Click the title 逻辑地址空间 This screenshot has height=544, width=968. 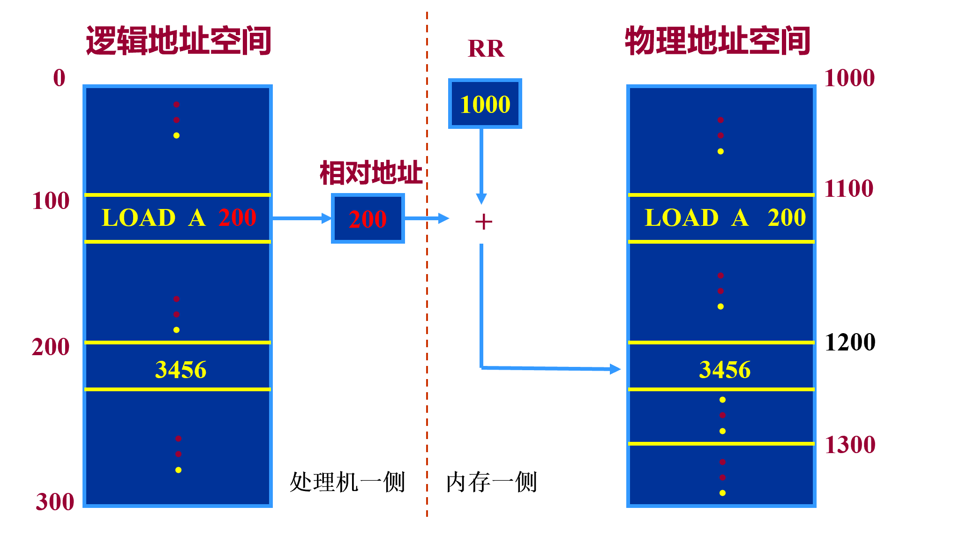[179, 41]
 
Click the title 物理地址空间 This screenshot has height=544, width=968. [717, 41]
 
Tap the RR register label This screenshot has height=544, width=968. [486, 49]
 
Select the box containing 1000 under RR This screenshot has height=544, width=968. [485, 104]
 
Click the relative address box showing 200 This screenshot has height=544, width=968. [368, 218]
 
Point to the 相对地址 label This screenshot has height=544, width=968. [371, 172]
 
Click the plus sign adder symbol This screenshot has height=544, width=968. [483, 222]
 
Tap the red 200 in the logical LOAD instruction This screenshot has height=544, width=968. [237, 217]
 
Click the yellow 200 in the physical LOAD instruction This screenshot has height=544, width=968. [786, 217]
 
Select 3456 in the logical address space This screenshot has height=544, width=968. [180, 370]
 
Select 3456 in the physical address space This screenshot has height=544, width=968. [724, 370]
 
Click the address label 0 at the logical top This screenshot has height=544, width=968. [59, 78]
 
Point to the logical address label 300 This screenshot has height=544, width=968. [55, 502]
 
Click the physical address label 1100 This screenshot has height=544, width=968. [848, 189]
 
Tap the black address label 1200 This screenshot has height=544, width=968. [849, 342]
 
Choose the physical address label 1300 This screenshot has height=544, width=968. [849, 445]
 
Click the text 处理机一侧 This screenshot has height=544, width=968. [347, 482]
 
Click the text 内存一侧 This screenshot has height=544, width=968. [491, 482]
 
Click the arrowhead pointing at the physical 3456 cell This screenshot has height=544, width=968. [615, 369]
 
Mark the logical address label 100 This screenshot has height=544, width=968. [51, 201]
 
